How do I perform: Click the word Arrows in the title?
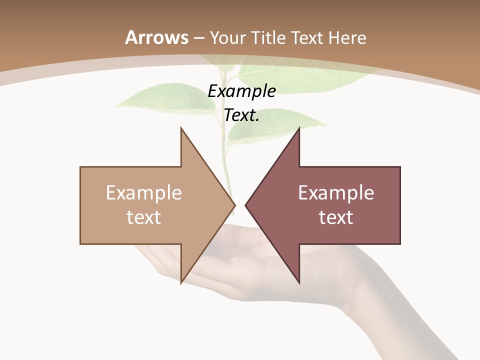(156, 37)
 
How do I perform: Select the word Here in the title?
(348, 38)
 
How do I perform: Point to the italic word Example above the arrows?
(241, 91)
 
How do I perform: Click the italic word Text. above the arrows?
(241, 115)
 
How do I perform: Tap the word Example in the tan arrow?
(144, 192)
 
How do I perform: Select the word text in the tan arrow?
(144, 217)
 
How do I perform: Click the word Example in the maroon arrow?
(336, 192)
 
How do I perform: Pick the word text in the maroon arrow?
(336, 217)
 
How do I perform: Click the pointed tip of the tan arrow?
(233, 205)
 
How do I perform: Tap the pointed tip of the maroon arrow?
(246, 205)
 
